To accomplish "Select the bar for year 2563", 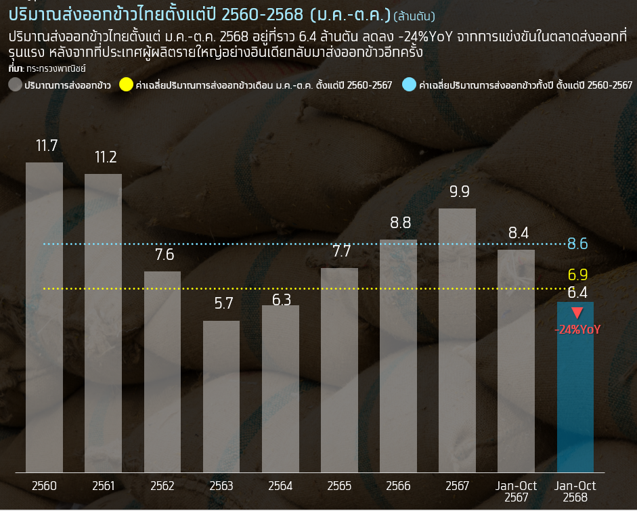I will click(x=221, y=396).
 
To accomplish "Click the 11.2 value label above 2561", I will click(x=106, y=158).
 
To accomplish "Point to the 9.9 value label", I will click(x=459, y=192).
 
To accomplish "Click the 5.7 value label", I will click(x=223, y=304).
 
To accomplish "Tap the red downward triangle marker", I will click(x=577, y=313).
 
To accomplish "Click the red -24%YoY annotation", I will click(x=577, y=330).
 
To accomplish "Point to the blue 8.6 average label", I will click(x=577, y=244).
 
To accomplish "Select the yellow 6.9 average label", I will click(x=577, y=275).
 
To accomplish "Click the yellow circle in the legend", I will click(x=126, y=85).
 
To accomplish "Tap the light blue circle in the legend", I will click(x=409, y=85).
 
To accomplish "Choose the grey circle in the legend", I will click(x=15, y=85).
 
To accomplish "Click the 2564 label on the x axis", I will click(x=280, y=486).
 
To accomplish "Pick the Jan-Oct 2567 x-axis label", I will click(x=517, y=491).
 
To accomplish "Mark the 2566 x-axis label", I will click(x=398, y=486).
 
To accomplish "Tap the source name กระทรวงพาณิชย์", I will click(x=56, y=69).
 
